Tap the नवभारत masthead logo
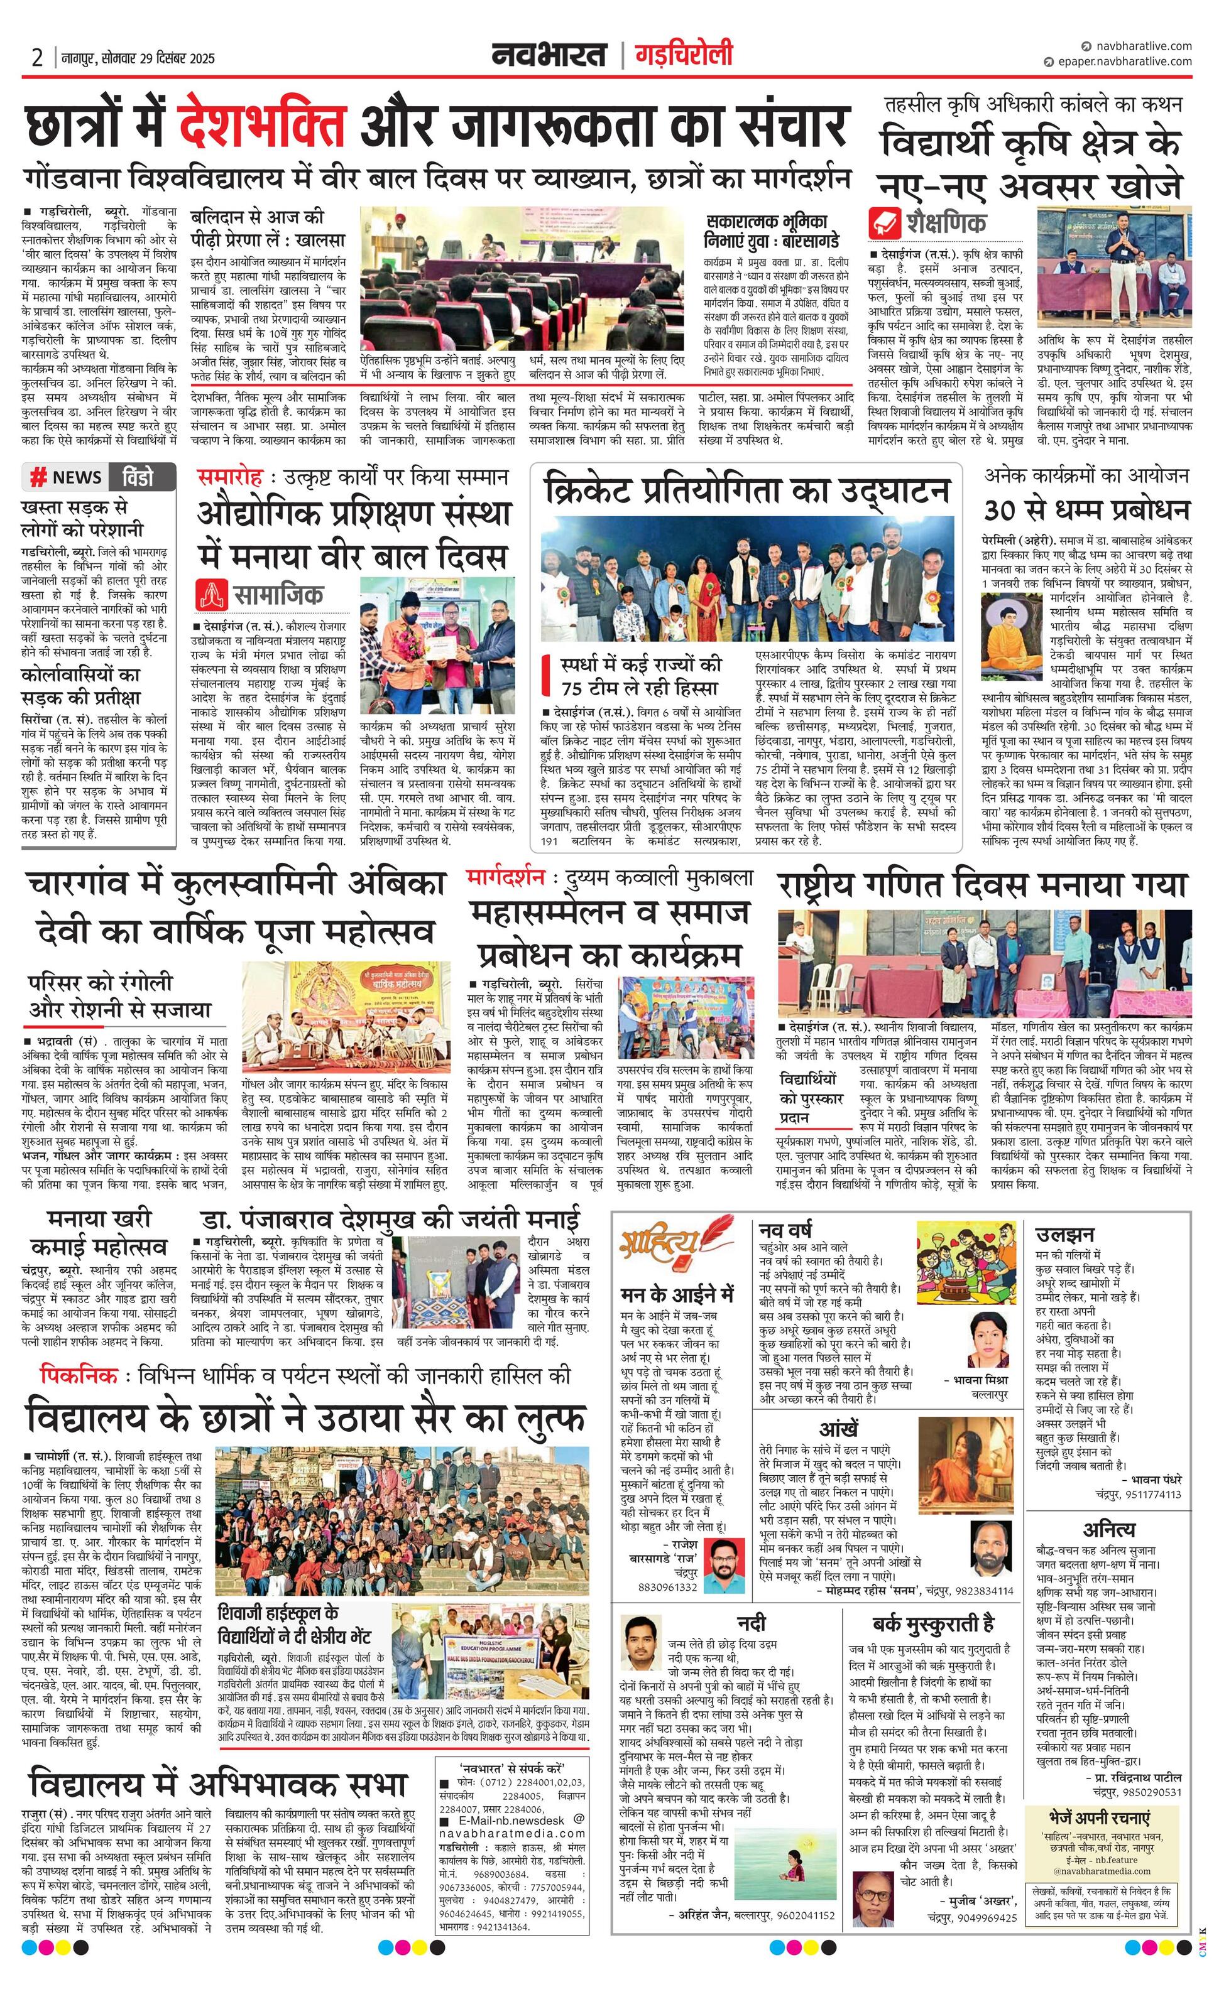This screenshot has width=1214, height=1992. tap(549, 55)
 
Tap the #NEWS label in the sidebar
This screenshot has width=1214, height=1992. tap(67, 478)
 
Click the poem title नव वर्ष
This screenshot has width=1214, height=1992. tap(785, 1231)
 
